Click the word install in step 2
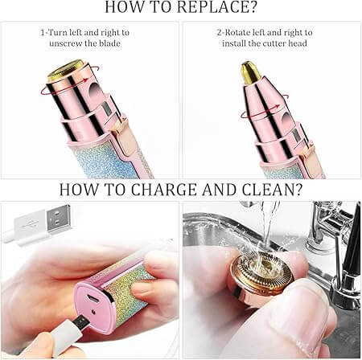pos(240,43)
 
